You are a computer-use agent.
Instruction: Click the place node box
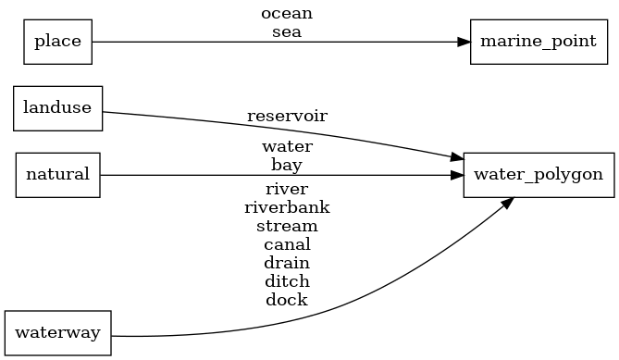[57, 42]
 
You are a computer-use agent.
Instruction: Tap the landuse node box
[57, 107]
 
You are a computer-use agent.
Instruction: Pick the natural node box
[57, 174]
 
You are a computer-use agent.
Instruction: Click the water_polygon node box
[538, 174]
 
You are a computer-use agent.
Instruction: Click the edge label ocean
[287, 14]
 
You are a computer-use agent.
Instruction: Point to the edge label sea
[287, 31]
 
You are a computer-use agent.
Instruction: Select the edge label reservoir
[287, 117]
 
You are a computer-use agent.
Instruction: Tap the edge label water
[287, 147]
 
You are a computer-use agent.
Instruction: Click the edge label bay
[287, 165]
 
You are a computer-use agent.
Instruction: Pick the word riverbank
[287, 207]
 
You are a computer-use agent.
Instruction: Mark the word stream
[287, 226]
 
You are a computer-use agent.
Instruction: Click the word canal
[287, 244]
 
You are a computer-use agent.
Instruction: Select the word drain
[287, 263]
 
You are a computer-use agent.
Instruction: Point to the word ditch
[287, 281]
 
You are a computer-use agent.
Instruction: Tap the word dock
[287, 300]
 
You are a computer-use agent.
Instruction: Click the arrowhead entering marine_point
[464, 42]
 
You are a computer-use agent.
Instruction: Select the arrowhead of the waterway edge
[507, 202]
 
